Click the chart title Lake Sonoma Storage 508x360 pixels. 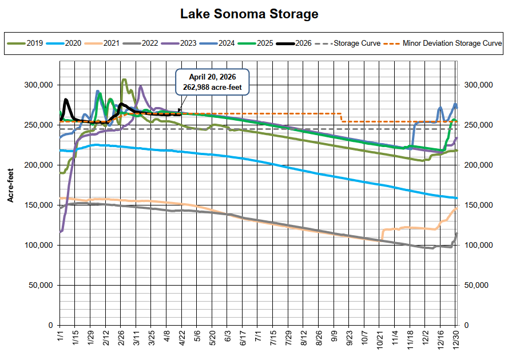point(249,14)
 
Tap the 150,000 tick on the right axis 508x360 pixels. point(479,205)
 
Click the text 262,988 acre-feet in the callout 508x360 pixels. point(213,87)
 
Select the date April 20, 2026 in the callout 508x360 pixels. point(213,77)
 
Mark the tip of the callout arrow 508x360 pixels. point(178,112)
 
